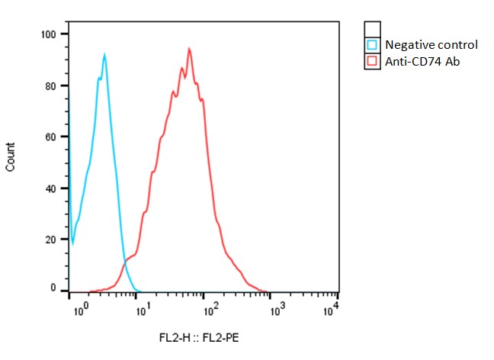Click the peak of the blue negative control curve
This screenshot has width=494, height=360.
coord(104,54)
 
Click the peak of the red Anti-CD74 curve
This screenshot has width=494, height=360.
coord(188,49)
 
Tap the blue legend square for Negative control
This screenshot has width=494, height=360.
coord(373,44)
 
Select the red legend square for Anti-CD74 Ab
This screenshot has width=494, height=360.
coord(373,60)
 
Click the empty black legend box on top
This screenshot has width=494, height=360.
coord(373,28)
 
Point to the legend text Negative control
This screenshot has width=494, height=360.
coord(431,44)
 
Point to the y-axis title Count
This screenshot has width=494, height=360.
coord(11,156)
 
